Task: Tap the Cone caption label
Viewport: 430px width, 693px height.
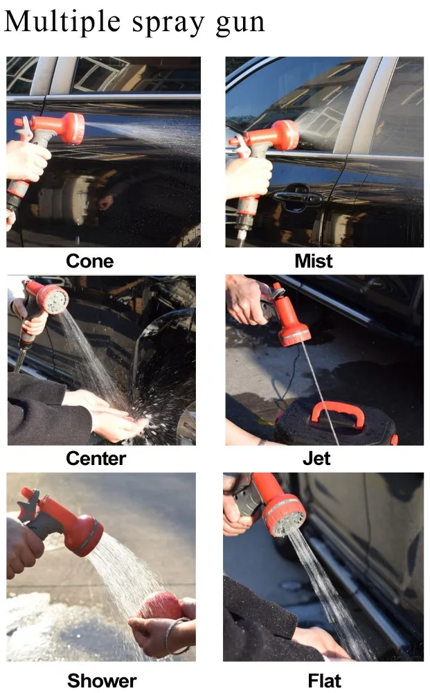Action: [89, 261]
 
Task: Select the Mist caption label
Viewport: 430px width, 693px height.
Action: [313, 261]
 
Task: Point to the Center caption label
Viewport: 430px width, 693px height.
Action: [96, 458]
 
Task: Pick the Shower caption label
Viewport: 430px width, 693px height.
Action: [102, 681]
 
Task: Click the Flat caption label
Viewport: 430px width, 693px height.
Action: [324, 681]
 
